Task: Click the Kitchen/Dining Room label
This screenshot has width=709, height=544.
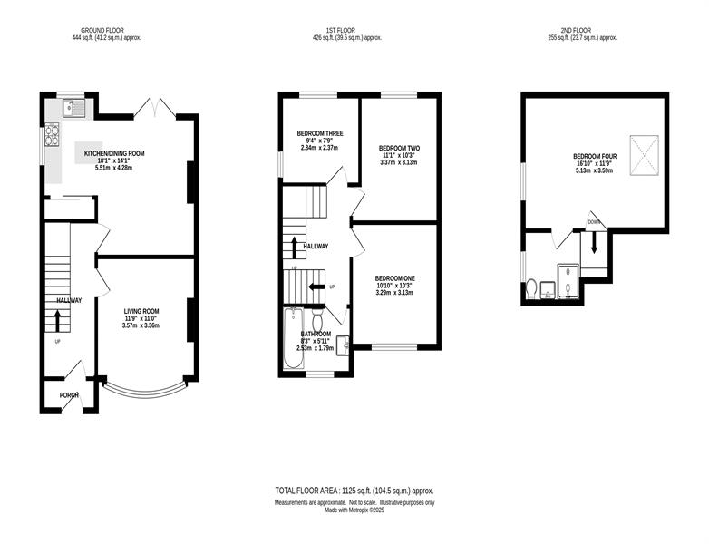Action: [x=114, y=153]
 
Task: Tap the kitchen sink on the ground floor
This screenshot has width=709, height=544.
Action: [x=73, y=108]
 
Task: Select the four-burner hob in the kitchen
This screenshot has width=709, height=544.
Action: [x=52, y=135]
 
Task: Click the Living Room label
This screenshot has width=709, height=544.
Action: [x=141, y=311]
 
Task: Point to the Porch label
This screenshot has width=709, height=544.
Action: [x=69, y=395]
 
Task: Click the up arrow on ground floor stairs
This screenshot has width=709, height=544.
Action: [x=57, y=320]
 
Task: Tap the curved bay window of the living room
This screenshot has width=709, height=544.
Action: [x=145, y=388]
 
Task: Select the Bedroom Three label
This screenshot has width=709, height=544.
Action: [x=320, y=133]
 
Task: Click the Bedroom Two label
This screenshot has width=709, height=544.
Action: [x=399, y=148]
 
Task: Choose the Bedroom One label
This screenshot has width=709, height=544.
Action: [x=394, y=278]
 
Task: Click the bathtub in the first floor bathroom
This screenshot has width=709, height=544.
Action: [x=294, y=338]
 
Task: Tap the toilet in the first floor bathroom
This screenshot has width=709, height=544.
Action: [x=317, y=319]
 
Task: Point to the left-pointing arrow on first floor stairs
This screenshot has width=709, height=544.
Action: [x=316, y=287]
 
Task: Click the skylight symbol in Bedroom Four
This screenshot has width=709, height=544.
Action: [x=645, y=155]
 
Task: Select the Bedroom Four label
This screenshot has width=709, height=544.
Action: [x=595, y=157]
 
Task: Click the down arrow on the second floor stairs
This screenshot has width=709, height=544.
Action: [x=594, y=243]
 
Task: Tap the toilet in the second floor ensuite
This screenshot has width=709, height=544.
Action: [x=531, y=289]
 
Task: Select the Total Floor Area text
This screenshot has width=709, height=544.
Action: [x=354, y=491]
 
